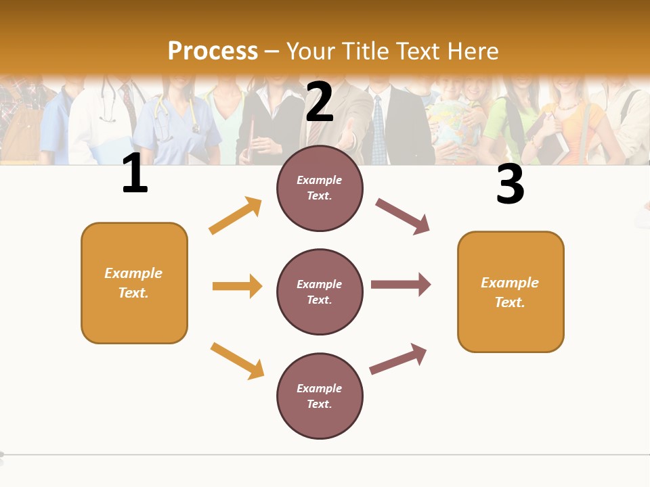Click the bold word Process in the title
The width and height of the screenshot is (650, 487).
(x=213, y=51)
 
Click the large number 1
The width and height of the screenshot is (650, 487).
(x=135, y=174)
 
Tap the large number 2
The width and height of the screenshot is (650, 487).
(x=320, y=101)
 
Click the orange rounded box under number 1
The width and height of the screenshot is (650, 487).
(x=134, y=283)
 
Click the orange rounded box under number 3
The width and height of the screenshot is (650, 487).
(x=511, y=292)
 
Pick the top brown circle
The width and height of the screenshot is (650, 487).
(x=320, y=188)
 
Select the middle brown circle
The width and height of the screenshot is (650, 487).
(x=320, y=292)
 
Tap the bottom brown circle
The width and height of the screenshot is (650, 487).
(x=320, y=396)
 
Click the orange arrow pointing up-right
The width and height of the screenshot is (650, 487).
(x=236, y=216)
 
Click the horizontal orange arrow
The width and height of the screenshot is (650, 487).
(x=237, y=286)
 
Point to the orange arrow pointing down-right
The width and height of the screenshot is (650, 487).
(x=237, y=361)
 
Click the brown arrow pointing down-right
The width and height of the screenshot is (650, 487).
(x=402, y=216)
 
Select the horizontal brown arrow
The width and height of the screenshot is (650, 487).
(x=400, y=285)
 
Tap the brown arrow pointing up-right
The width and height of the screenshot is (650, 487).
(x=398, y=359)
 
